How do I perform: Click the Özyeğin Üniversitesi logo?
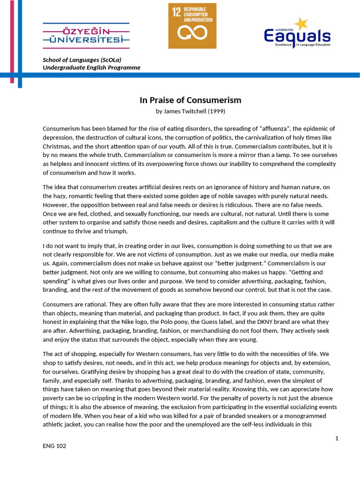[86, 35]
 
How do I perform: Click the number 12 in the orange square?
[176, 13]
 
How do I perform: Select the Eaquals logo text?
[297, 36]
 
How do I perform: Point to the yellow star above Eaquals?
[300, 23]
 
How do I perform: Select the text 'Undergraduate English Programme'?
[91, 67]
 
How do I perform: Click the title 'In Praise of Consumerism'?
[190, 100]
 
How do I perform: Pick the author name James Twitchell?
[185, 112]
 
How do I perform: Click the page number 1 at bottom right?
[337, 438]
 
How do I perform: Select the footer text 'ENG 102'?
[54, 446]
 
